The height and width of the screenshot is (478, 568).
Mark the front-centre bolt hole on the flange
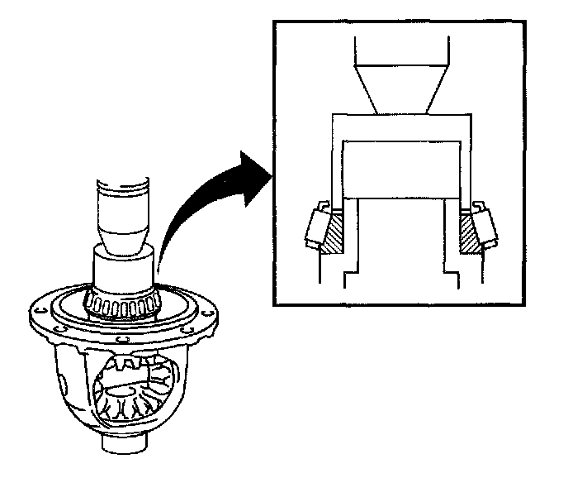(x=123, y=338)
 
